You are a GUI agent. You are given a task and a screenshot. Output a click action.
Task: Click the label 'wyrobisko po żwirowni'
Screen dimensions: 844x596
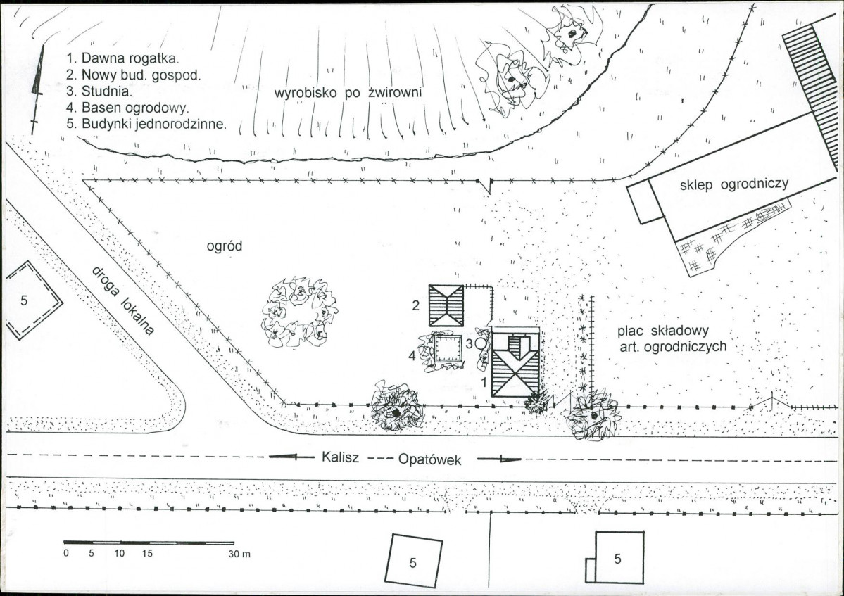pos(348,92)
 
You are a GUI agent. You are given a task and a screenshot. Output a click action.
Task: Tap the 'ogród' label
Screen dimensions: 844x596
pos(225,246)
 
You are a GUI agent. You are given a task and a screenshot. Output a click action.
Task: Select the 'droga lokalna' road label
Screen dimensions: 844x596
pos(123,300)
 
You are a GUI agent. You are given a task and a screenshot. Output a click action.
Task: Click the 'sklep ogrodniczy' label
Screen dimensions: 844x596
pos(734,184)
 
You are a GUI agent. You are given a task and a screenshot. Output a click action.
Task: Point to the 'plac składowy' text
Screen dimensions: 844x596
pos(662,330)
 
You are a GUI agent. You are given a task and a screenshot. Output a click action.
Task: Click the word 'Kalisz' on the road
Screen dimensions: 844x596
pos(340,457)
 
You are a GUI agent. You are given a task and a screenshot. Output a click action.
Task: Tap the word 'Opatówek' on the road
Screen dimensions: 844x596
pos(429,459)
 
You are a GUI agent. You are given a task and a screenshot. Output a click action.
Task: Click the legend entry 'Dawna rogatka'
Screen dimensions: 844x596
pos(122,58)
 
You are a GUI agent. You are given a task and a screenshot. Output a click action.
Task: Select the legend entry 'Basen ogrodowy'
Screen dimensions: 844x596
pos(127,108)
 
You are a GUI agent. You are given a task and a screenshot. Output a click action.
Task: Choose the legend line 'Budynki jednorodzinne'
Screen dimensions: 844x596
pos(146,124)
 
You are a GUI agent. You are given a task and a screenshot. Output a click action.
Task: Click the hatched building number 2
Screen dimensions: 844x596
pos(446,305)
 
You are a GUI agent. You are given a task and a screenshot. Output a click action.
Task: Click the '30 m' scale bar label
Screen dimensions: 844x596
pos(240,554)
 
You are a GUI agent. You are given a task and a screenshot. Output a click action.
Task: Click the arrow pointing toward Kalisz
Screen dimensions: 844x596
pos(291,458)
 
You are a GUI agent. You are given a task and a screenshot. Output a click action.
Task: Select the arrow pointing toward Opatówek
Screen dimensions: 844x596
pos(500,459)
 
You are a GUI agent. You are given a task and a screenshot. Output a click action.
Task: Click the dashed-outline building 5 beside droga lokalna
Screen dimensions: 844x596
pos(34,300)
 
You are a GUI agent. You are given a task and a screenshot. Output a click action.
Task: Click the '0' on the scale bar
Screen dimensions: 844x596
pos(66,554)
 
